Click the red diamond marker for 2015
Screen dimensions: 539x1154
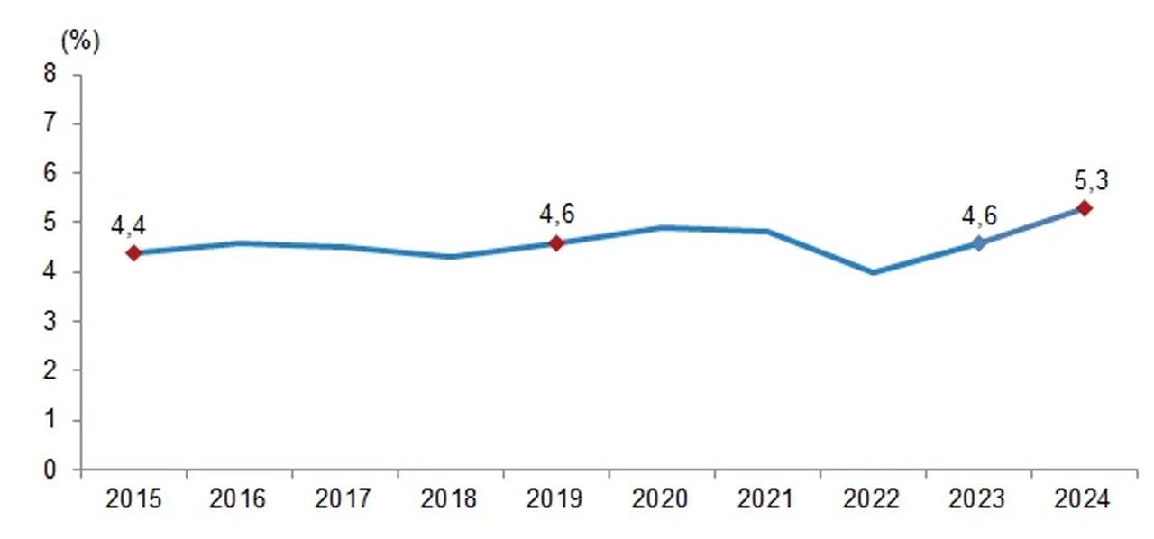point(133,253)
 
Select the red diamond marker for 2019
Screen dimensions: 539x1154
point(556,243)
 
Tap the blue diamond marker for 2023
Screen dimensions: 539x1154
point(979,243)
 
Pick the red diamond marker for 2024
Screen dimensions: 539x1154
point(1085,208)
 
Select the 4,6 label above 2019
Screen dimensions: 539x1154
point(556,215)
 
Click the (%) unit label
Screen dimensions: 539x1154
point(78,41)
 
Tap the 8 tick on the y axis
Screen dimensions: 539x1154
point(50,74)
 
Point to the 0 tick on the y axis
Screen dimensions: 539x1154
point(50,470)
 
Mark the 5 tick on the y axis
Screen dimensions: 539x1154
point(50,223)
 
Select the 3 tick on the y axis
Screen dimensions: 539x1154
point(50,322)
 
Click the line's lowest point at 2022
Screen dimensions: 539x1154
point(873,272)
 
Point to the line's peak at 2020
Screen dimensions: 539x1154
point(662,227)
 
